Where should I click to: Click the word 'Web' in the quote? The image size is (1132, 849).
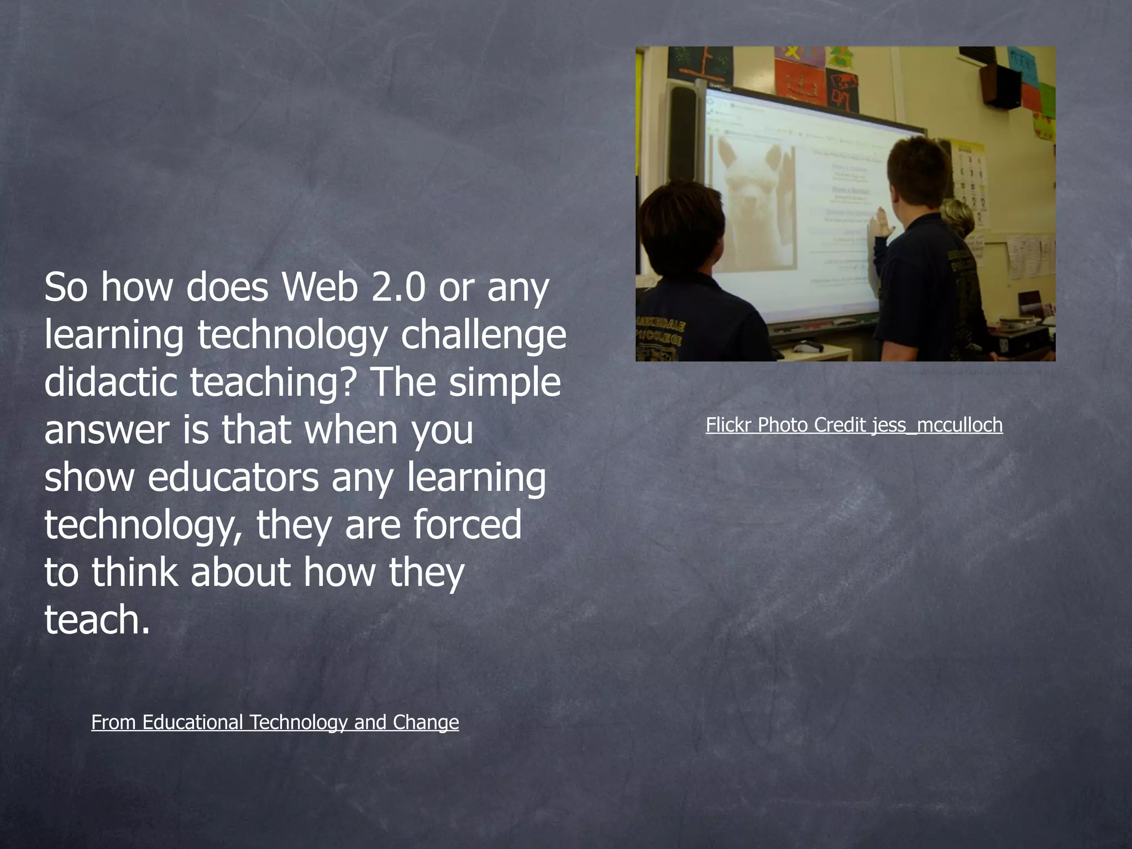[319, 287]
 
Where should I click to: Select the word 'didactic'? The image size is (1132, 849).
[109, 382]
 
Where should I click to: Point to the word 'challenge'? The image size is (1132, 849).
[483, 336]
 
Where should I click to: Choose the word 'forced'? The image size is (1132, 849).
[467, 525]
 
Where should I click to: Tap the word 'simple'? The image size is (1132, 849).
[505, 382]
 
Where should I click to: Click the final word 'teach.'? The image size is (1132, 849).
[97, 620]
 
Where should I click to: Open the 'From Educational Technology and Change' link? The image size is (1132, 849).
[275, 722]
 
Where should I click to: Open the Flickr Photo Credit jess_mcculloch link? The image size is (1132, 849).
[854, 424]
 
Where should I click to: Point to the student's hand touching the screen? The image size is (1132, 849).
[880, 221]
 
